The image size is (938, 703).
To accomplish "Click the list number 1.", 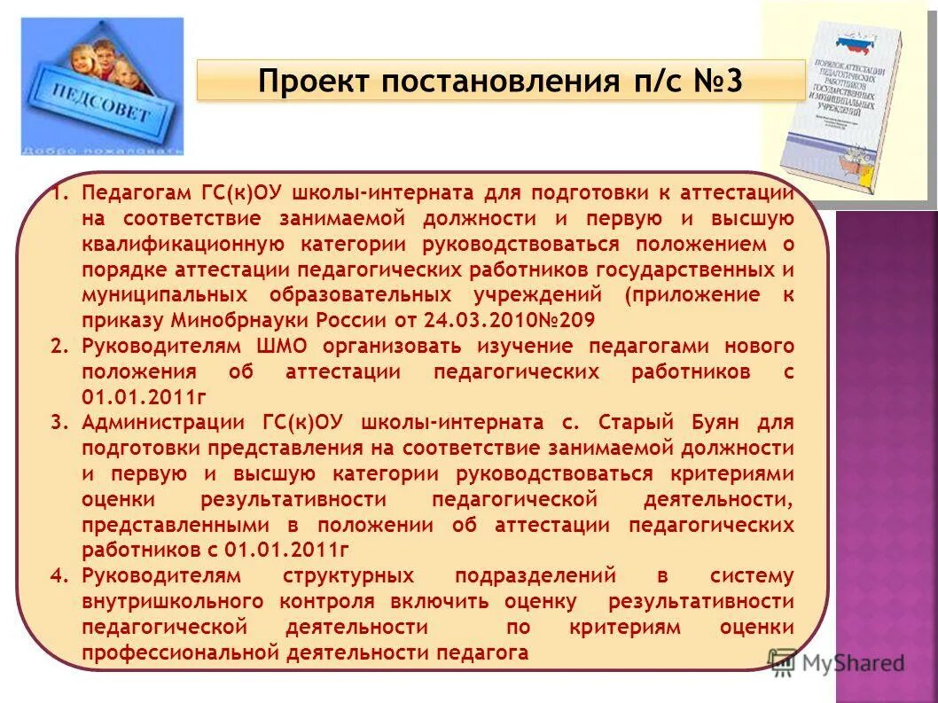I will point(59,193).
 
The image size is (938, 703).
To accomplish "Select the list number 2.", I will point(59,346).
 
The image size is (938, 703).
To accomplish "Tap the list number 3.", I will point(59,422).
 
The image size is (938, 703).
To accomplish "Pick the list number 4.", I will point(59,575).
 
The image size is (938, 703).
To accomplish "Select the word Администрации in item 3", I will point(160,422).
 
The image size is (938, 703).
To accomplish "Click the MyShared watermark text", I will point(852,661).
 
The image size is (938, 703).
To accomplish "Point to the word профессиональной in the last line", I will point(179,652).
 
